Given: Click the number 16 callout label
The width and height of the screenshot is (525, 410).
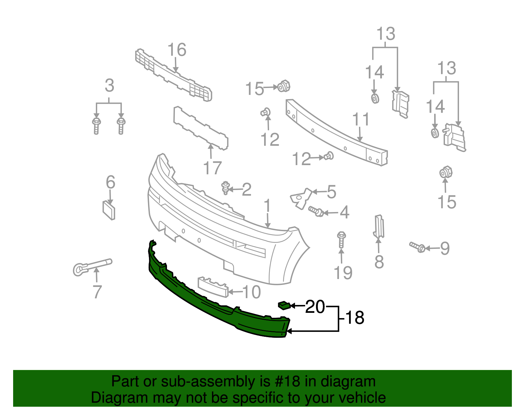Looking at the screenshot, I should point(177,50).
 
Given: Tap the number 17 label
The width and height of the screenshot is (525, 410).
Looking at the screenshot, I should point(212,168).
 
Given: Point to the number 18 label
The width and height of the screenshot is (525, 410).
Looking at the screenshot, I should point(355,318).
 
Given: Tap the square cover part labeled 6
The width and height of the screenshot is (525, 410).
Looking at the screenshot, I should point(109,210).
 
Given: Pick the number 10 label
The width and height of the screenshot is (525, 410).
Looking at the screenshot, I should point(251,292).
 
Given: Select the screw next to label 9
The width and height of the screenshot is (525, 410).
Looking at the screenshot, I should point(417,247).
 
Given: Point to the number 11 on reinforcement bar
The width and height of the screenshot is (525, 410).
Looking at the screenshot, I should point(361,119).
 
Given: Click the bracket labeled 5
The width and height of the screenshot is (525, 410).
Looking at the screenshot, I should point(301,198).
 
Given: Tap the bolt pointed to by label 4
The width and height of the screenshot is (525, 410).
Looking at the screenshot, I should point(316,211).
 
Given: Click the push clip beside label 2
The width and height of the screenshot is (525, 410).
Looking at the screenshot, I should point(225,188).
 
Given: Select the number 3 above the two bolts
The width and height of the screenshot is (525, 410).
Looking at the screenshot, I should point(109,86).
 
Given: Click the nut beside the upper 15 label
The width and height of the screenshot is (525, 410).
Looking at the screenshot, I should point(283,86).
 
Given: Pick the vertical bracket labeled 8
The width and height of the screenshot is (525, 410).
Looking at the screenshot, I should point(379,227).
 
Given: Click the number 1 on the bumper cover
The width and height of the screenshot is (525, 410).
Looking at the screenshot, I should point(267,206).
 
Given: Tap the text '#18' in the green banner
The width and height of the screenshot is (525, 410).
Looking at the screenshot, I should point(290,382).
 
